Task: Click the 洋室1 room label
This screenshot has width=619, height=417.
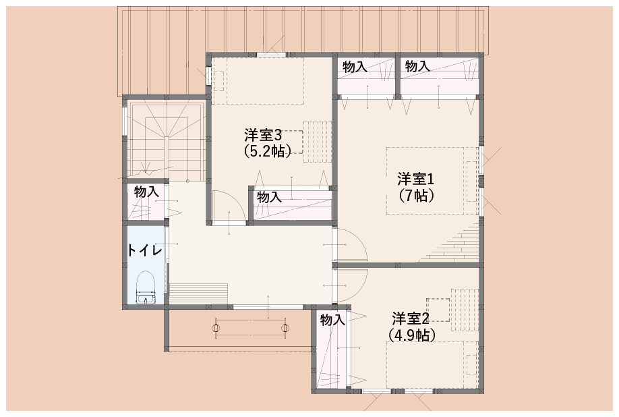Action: point(415,179)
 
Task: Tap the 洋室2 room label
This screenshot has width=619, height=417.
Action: point(411,318)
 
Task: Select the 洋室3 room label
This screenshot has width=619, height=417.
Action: point(263,136)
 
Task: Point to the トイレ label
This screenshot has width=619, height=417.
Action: point(144,250)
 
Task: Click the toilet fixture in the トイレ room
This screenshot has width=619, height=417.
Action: point(146,287)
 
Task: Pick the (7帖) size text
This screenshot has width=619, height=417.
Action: point(415,195)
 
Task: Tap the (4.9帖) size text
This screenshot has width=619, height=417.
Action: point(412,335)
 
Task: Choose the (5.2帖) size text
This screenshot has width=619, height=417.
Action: point(268,151)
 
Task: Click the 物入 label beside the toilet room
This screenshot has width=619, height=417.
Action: point(146,192)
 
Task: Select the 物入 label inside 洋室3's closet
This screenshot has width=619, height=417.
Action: point(269,196)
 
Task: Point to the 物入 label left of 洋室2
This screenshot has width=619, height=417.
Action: point(332,320)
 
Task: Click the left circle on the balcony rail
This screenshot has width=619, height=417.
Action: point(216,328)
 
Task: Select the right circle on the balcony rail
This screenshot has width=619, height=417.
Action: point(285,328)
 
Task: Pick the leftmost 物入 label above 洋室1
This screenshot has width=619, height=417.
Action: point(355,67)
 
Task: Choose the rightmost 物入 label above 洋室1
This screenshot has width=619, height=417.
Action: point(417,66)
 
